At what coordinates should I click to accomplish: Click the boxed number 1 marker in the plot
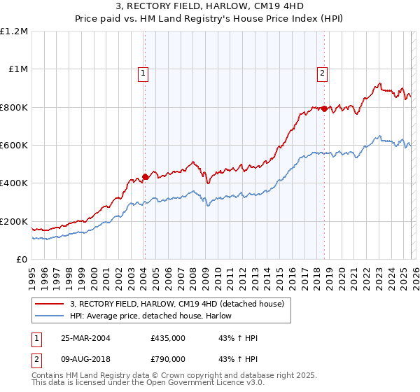point(143,71)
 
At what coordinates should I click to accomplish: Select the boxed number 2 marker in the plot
point(322,71)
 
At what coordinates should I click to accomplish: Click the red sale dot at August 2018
point(325,108)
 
